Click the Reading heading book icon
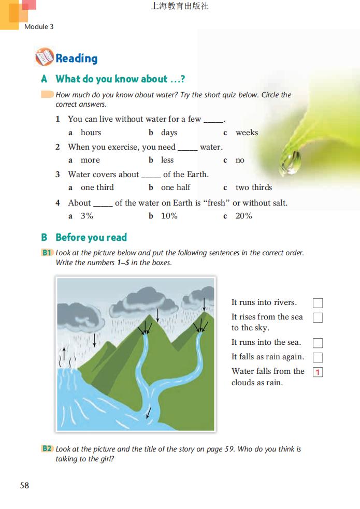[44, 57]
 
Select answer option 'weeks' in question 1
[247, 133]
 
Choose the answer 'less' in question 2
[167, 160]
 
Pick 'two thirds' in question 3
[253, 187]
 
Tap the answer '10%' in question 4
[169, 216]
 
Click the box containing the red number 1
[318, 372]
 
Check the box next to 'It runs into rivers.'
[318, 303]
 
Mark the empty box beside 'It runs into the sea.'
[318, 343]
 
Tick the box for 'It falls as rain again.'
[318, 357]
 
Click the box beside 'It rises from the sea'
[318, 317]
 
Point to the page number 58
[24, 486]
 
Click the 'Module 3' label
[39, 26]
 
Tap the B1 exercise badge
[47, 253]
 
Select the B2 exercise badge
[47, 449]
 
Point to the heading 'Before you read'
[91, 238]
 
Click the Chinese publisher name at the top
[180, 7]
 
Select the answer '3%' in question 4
[87, 216]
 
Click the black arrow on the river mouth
[149, 412]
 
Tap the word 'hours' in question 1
[91, 133]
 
